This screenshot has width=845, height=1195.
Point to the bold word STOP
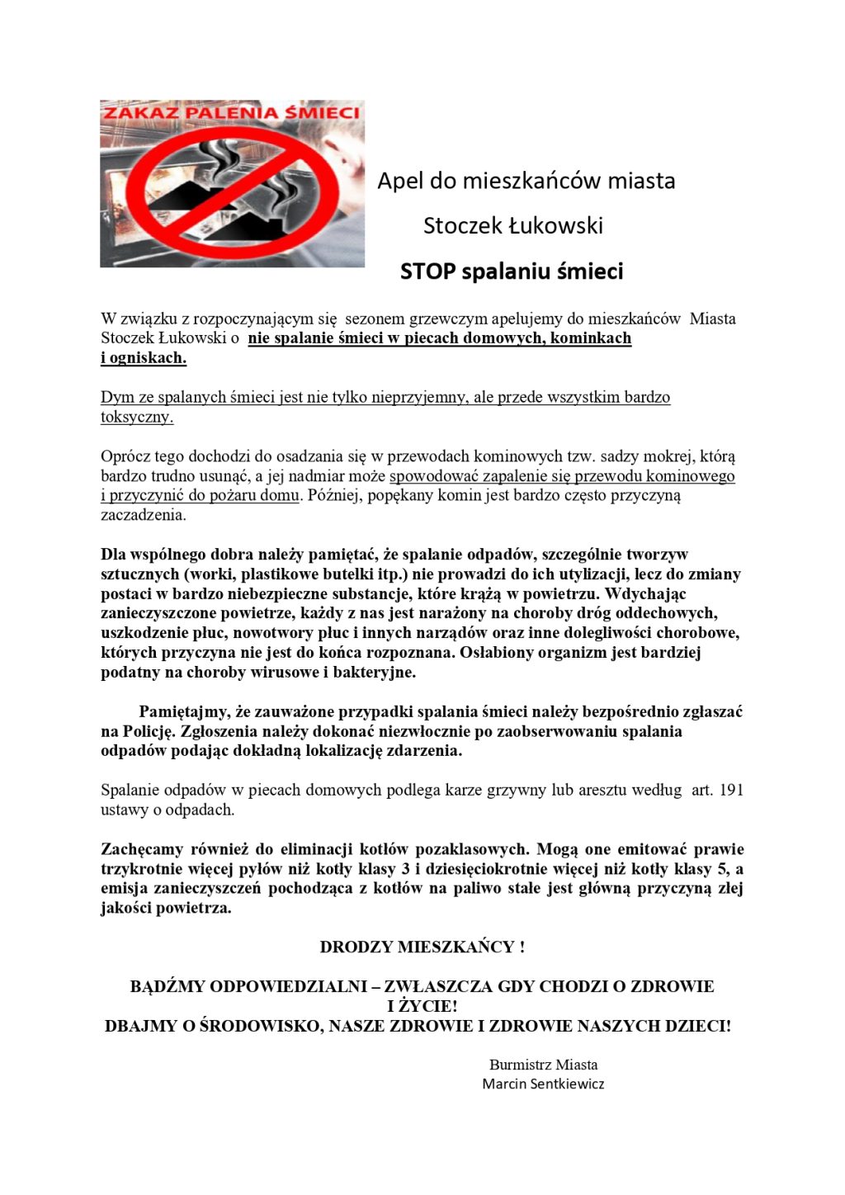coord(427,272)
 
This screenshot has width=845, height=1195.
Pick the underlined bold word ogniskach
coord(148,358)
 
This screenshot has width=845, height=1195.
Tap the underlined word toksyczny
coord(136,417)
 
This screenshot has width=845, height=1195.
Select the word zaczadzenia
coord(143,515)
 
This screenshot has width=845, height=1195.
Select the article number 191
coord(731,791)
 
